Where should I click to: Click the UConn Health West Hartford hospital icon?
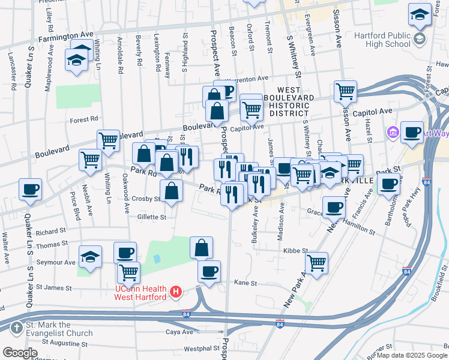pyautogui.click(x=176, y=292)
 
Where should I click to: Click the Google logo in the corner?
pyautogui.click(x=20, y=353)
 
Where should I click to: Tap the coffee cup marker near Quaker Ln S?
pyautogui.click(x=30, y=190)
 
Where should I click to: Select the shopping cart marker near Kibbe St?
pyautogui.click(x=316, y=262)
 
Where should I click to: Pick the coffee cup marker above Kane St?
pyautogui.click(x=209, y=272)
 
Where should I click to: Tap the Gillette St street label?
pyautogui.click(x=151, y=217)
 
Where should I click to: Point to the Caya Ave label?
pyautogui.click(x=179, y=331)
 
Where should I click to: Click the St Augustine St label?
pyautogui.click(x=64, y=344)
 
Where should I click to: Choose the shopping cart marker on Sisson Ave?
pyautogui.click(x=346, y=92)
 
